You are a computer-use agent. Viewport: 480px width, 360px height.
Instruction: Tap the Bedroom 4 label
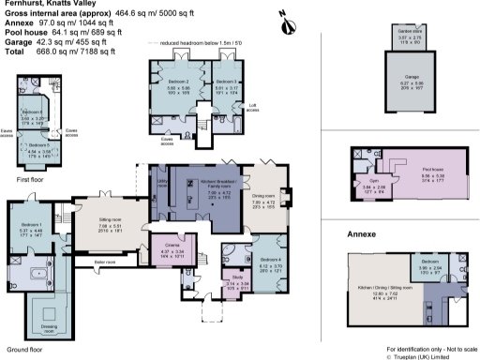pyautogui.click(x=271, y=259)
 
